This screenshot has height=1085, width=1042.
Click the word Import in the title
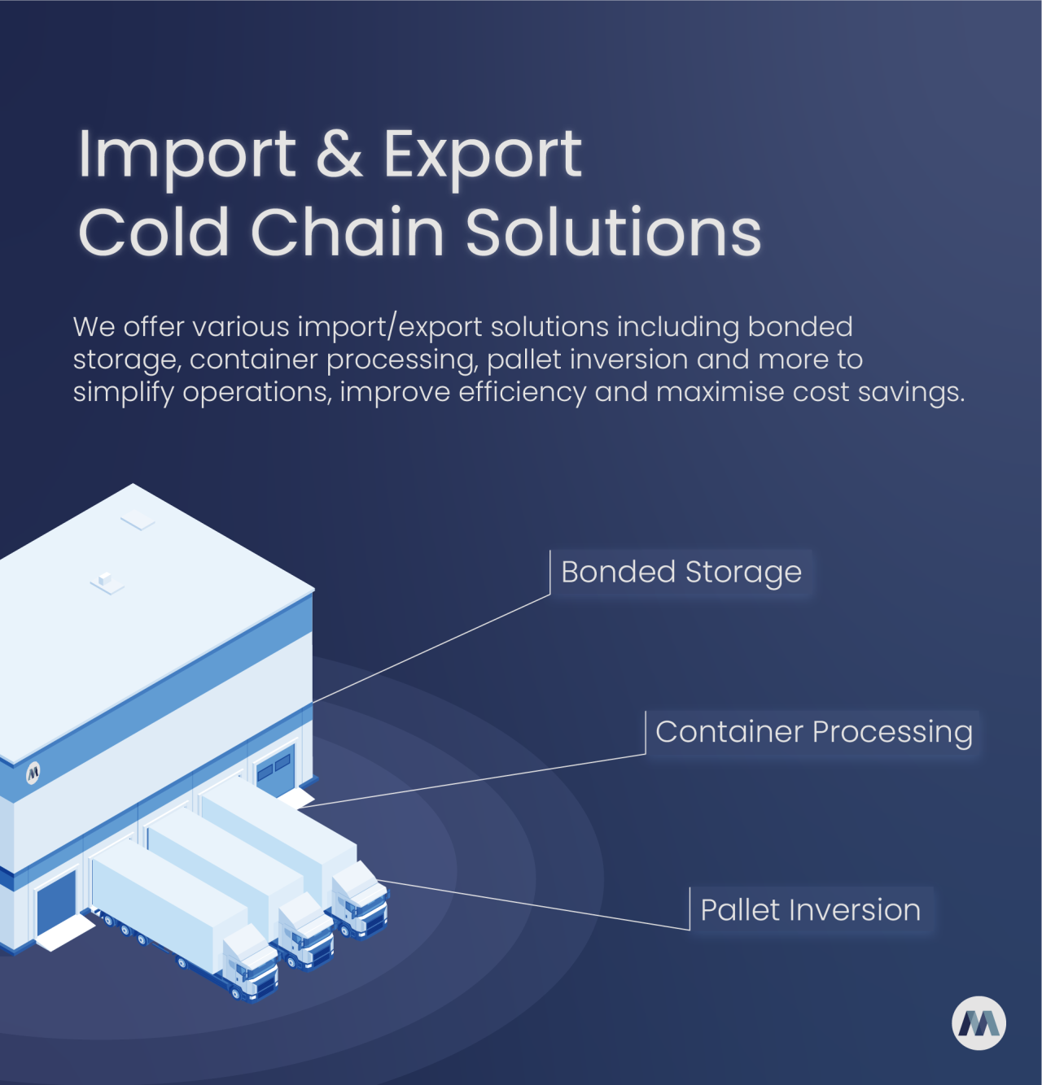click(x=187, y=155)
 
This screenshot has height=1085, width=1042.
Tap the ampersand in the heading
click(x=339, y=154)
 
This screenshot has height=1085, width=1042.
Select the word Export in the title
click(x=482, y=156)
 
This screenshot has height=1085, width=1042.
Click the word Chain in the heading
click(x=347, y=230)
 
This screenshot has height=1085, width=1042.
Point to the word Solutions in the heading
click(x=613, y=231)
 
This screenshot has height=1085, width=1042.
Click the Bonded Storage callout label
click(x=681, y=573)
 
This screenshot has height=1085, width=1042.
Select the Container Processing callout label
click(x=813, y=733)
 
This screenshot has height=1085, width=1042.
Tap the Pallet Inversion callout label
click(x=811, y=910)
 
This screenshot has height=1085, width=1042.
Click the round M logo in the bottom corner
click(x=979, y=1024)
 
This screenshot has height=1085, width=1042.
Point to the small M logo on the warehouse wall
click(x=33, y=772)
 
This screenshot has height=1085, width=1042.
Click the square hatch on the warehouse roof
click(x=138, y=520)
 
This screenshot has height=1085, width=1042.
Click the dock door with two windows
click(x=274, y=769)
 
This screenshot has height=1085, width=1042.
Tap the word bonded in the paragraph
click(x=799, y=327)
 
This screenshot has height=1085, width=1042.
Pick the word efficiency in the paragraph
click(x=523, y=393)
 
